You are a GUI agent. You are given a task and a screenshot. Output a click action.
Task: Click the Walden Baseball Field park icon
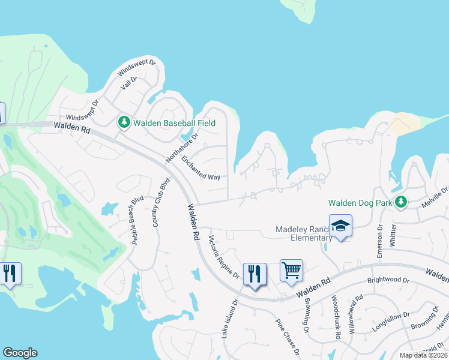pos(124,122)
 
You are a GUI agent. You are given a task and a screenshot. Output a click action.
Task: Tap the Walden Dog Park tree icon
pos(401,202)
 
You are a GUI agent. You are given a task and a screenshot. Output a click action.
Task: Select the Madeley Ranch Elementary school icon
pos(340,226)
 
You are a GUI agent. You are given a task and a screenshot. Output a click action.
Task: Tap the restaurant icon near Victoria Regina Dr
pos(254,274)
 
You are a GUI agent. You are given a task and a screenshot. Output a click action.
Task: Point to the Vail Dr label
pos(129,83)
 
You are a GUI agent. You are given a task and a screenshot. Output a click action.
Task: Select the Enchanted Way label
pos(200,169)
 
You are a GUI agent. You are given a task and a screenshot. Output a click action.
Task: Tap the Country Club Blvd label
pos(158,202)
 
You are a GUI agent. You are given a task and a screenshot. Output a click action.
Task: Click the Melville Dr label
pos(435,197)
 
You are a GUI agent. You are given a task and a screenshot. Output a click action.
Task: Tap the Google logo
pos(20,353)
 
